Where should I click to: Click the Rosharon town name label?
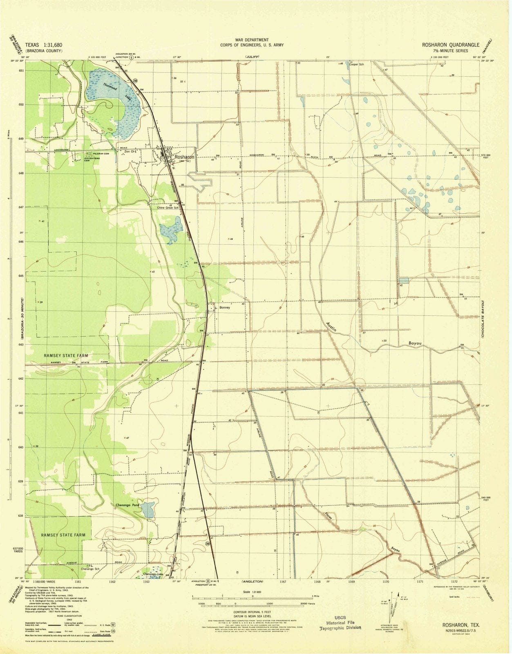[184, 157]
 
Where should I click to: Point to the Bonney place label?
[225, 307]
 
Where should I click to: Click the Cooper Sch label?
[356, 64]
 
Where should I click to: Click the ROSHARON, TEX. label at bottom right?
[461, 625]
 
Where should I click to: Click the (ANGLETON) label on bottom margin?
[252, 581]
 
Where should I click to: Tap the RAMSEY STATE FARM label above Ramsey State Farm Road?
[65, 356]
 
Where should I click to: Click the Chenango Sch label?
[90, 569]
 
